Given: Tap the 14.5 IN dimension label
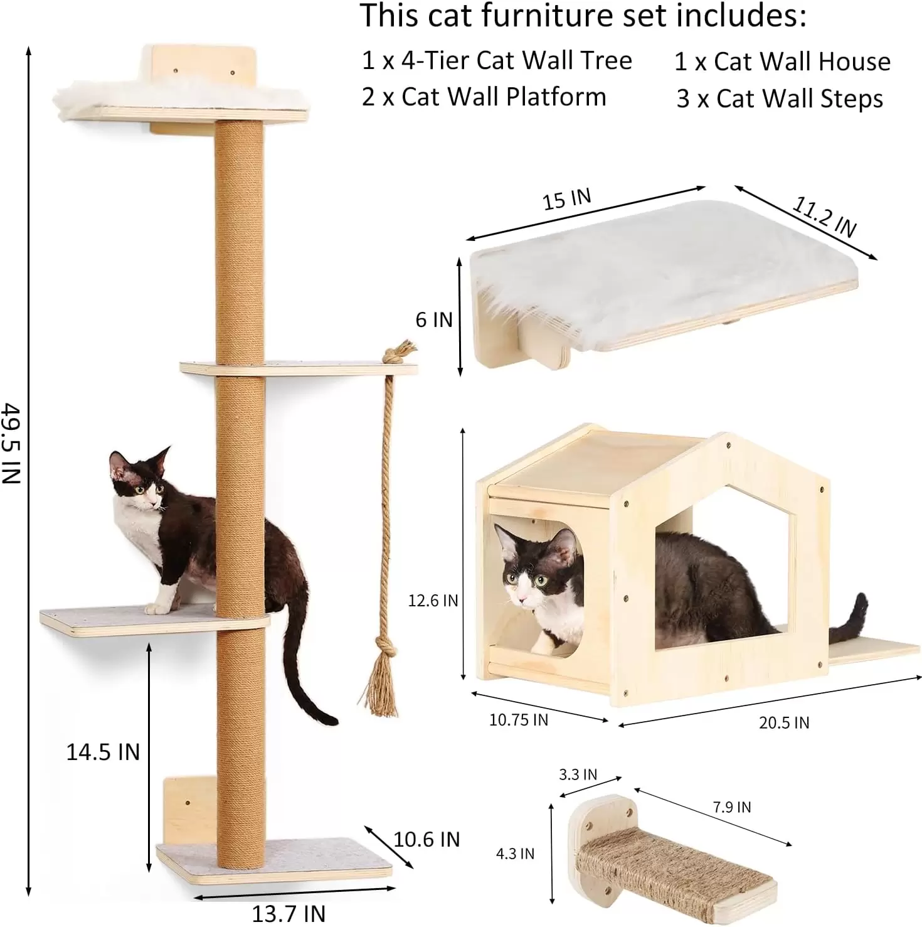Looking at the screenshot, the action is pyautogui.click(x=103, y=751).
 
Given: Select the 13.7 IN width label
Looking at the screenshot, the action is pyautogui.click(x=289, y=913).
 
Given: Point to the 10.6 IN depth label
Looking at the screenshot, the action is pyautogui.click(x=427, y=839).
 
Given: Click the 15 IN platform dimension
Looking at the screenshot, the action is pyautogui.click(x=567, y=199).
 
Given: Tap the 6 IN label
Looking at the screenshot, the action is pyautogui.click(x=434, y=319).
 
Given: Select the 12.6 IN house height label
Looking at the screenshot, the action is pyautogui.click(x=433, y=601).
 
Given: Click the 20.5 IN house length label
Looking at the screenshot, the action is pyautogui.click(x=784, y=723).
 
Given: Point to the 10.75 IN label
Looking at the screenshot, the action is pyautogui.click(x=519, y=720).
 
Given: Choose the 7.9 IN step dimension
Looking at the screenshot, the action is pyautogui.click(x=732, y=807).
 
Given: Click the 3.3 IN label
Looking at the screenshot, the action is pyautogui.click(x=578, y=774).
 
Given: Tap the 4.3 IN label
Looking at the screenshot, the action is pyautogui.click(x=516, y=854).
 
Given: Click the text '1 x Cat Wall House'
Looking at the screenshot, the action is pyautogui.click(x=783, y=62).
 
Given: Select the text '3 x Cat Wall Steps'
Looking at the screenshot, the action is pyautogui.click(x=780, y=99).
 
